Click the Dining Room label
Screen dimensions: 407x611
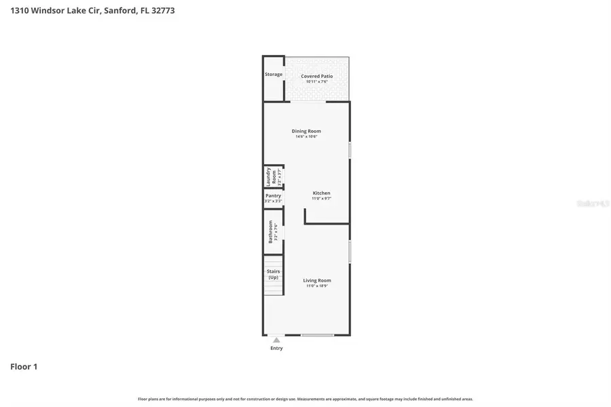coord(306,131)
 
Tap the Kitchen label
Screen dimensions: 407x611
coord(321,193)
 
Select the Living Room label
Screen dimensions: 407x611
coord(317,280)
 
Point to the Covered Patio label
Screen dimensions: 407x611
coord(317,76)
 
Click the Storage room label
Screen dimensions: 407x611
coord(274,74)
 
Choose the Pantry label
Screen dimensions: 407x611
coord(273,195)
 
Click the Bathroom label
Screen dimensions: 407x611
coord(270,231)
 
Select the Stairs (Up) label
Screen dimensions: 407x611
coord(273,274)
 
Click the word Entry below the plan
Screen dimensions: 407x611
coord(276,349)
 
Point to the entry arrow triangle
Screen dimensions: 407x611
coord(276,340)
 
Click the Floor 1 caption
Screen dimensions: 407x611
coord(24,366)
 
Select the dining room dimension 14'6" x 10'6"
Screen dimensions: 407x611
coord(306,137)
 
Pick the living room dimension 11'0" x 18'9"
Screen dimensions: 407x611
coord(317,286)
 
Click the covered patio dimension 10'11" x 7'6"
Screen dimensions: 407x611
coord(317,82)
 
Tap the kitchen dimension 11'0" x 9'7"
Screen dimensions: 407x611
coord(321,199)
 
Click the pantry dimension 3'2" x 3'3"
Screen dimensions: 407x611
coord(273,201)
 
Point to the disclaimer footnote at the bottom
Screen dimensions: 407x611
coord(305,399)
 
